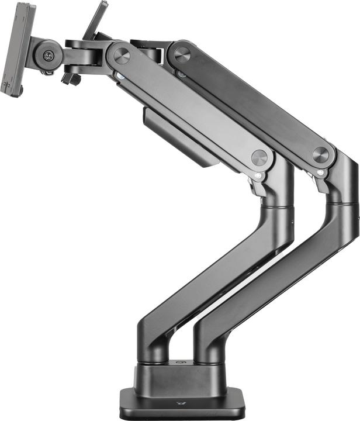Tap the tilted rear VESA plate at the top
pyautogui.click(x=96, y=20)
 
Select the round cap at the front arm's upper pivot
pyautogui.click(x=122, y=56)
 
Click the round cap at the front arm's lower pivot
pyautogui.click(x=259, y=157)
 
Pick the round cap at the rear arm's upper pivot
pyautogui.click(x=182, y=54)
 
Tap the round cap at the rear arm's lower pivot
pyautogui.click(x=320, y=154)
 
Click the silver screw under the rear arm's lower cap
pyautogui.click(x=320, y=172)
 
